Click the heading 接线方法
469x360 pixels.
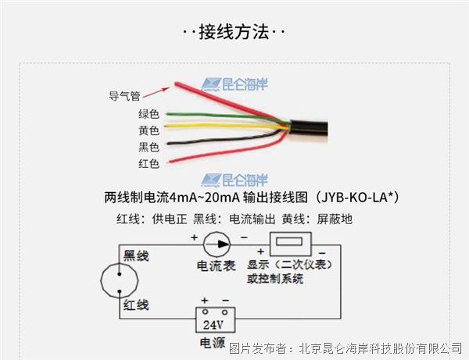pyautogui.click(x=234, y=32)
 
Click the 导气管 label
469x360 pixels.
pyautogui.click(x=124, y=97)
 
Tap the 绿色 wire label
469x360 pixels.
pyautogui.click(x=149, y=114)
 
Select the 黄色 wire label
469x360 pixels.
pyautogui.click(x=149, y=130)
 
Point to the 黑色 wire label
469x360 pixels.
pyautogui.click(x=149, y=147)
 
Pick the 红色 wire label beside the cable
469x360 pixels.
pyautogui.click(x=149, y=163)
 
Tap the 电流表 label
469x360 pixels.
pyautogui.click(x=217, y=266)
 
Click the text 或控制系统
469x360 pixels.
pyautogui.click(x=275, y=279)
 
